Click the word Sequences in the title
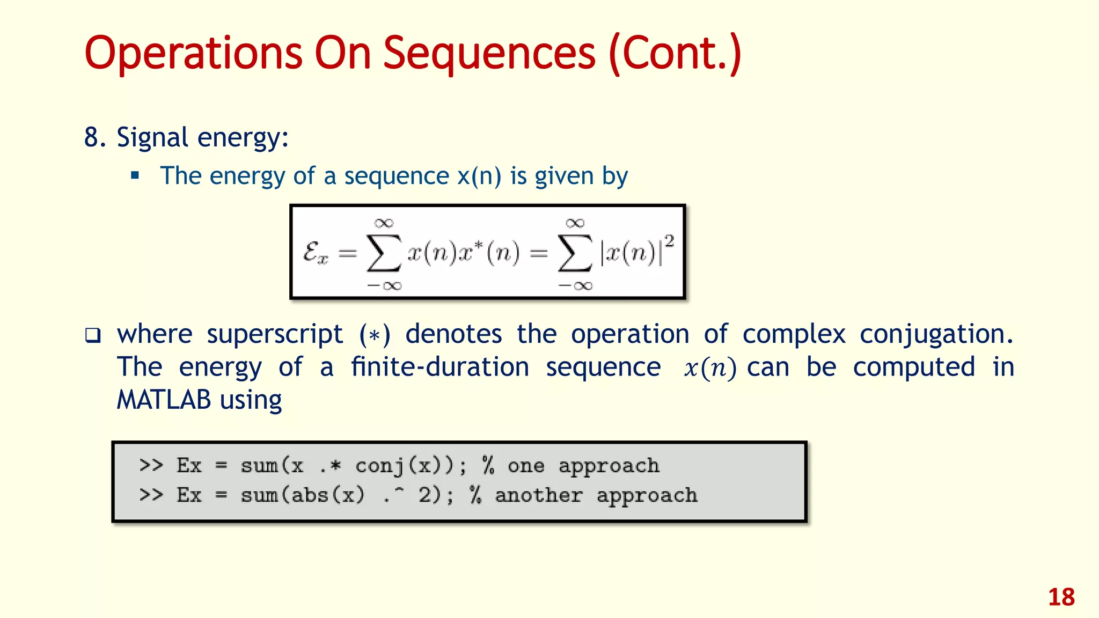click(x=489, y=54)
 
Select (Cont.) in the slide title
click(x=675, y=54)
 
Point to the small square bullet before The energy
click(x=135, y=175)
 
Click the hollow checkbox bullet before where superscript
click(x=93, y=336)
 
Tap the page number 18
click(x=1061, y=597)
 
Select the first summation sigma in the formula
click(x=383, y=253)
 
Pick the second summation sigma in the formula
click(x=575, y=253)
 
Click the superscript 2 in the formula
click(x=669, y=241)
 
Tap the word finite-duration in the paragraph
click(x=440, y=367)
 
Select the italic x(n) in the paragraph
click(x=709, y=368)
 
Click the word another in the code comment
click(x=538, y=495)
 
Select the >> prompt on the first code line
click(x=151, y=465)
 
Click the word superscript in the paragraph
click(x=275, y=335)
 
